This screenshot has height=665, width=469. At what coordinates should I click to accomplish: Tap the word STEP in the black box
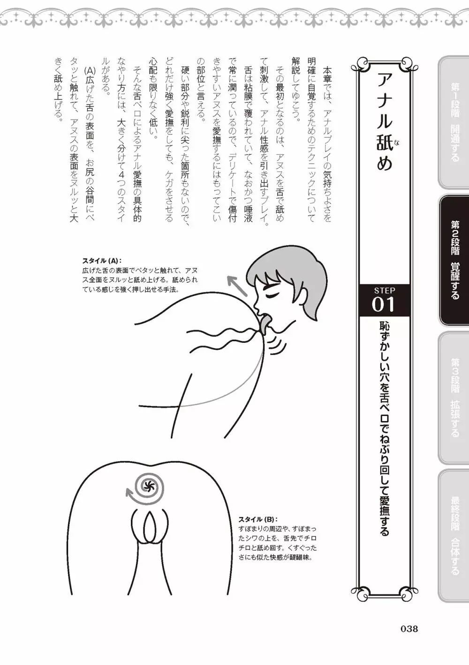(385, 290)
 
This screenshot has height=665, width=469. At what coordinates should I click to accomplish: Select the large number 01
(383, 304)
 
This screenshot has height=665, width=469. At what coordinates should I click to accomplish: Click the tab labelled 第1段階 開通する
(453, 122)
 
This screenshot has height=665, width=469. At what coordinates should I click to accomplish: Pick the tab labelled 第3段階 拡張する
(453, 398)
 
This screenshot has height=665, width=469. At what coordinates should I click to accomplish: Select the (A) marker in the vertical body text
(90, 70)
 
